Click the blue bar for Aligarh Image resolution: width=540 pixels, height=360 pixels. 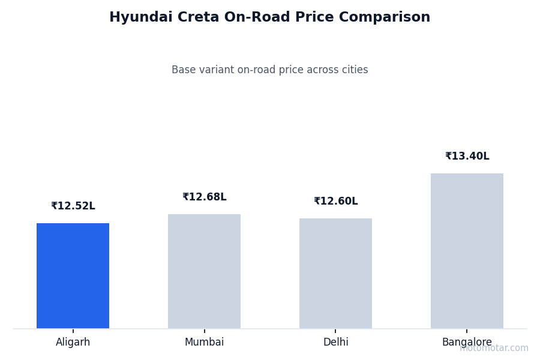click(x=73, y=275)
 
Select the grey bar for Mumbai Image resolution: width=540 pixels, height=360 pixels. click(x=204, y=271)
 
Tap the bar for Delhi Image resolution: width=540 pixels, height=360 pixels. click(x=335, y=273)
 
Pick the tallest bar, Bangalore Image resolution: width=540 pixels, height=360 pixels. click(x=467, y=251)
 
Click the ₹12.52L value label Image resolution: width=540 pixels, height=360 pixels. click(x=73, y=206)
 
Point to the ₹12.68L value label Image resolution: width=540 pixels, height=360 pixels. click(x=204, y=197)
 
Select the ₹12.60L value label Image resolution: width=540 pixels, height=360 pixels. click(x=335, y=202)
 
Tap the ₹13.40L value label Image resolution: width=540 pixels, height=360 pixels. click(x=467, y=157)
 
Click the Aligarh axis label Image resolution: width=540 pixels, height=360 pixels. click(x=73, y=343)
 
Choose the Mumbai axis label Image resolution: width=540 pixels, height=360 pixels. click(x=204, y=343)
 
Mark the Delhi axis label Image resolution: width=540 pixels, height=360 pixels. click(x=335, y=343)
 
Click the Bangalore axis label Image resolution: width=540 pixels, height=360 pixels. click(x=467, y=343)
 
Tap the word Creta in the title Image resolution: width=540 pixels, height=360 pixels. click(x=192, y=18)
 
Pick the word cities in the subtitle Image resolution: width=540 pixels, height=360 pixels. click(x=354, y=70)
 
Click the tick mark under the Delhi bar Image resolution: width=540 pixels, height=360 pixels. click(x=335, y=331)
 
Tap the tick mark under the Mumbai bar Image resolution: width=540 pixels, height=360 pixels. click(x=204, y=331)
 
